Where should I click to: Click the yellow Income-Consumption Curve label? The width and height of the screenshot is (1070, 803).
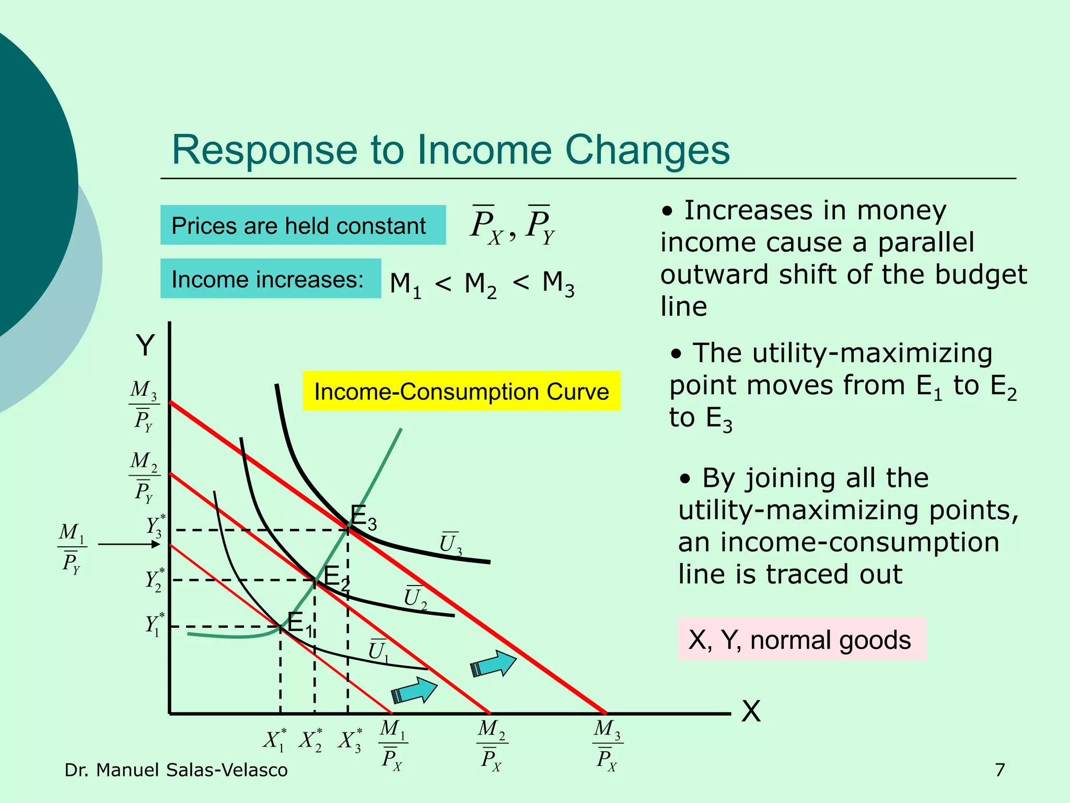pos(461,391)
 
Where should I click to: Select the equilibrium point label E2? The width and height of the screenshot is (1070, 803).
pos(336,578)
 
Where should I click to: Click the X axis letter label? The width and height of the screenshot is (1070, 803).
pos(751,712)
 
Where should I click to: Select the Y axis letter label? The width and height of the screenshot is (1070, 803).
pos(145,346)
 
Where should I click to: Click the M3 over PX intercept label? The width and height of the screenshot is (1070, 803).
pos(607,745)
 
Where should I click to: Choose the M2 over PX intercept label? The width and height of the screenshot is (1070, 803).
pos(492,745)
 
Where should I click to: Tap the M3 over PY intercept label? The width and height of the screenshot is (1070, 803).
pos(144,406)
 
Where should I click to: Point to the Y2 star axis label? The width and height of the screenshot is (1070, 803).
pos(155,580)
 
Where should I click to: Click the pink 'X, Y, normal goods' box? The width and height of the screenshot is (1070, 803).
pos(801,639)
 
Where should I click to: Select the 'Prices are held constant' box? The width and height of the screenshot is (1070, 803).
pos(303,225)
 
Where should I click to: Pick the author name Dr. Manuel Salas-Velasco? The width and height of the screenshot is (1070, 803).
pos(176,770)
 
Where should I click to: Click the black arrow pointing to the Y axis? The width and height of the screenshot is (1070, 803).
pos(129,545)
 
